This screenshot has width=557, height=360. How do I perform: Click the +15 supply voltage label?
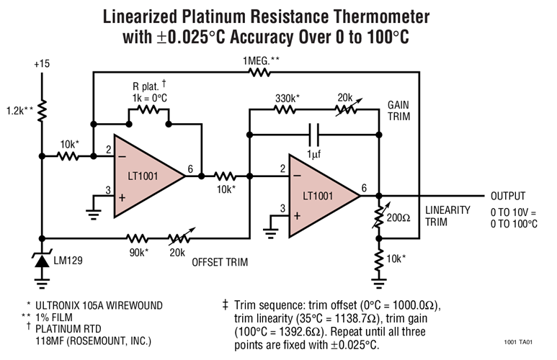pyautogui.click(x=43, y=64)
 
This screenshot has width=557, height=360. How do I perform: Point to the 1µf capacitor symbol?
pyautogui.click(x=313, y=133)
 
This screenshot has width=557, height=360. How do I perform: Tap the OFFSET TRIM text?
pyautogui.click(x=220, y=262)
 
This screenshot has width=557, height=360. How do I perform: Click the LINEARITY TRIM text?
pyautogui.click(x=447, y=216)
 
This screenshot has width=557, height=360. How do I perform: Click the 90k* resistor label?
pyautogui.click(x=138, y=251)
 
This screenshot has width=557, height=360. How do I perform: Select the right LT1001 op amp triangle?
pyautogui.click(x=321, y=195)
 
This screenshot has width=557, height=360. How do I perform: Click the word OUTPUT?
pyautogui.click(x=514, y=196)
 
